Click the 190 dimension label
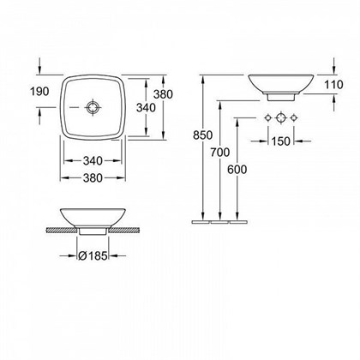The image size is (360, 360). click(39, 92)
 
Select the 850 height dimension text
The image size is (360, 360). click(202, 135)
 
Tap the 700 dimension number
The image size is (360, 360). click(220, 153)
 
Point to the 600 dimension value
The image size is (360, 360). click(237, 170)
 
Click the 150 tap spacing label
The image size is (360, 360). click(280, 141)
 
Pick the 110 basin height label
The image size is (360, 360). click(333, 85)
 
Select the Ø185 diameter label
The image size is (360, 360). click(93, 256)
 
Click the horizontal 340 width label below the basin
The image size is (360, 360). click(93, 161)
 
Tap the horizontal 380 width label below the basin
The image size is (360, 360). click(93, 178)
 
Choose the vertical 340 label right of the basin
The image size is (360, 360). click(146, 108)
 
